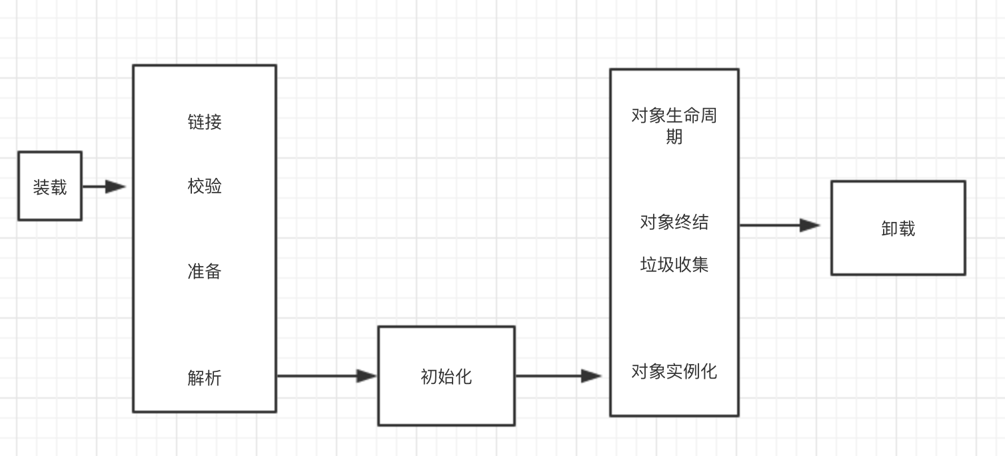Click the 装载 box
point(50,186)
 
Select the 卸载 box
point(898,228)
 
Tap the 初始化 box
point(446,376)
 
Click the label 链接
point(205,122)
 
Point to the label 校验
point(205,186)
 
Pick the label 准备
point(205,271)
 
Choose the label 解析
point(205,378)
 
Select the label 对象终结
point(674,221)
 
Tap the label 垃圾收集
point(674,265)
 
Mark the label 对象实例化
point(674,371)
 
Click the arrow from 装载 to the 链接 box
point(103,187)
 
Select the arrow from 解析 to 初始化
point(327,376)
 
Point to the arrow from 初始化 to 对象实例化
point(558,376)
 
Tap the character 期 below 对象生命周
point(674,137)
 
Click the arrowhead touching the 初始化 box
point(367,376)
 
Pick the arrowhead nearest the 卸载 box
point(810,225)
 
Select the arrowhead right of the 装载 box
point(116,187)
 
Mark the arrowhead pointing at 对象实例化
point(591,376)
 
